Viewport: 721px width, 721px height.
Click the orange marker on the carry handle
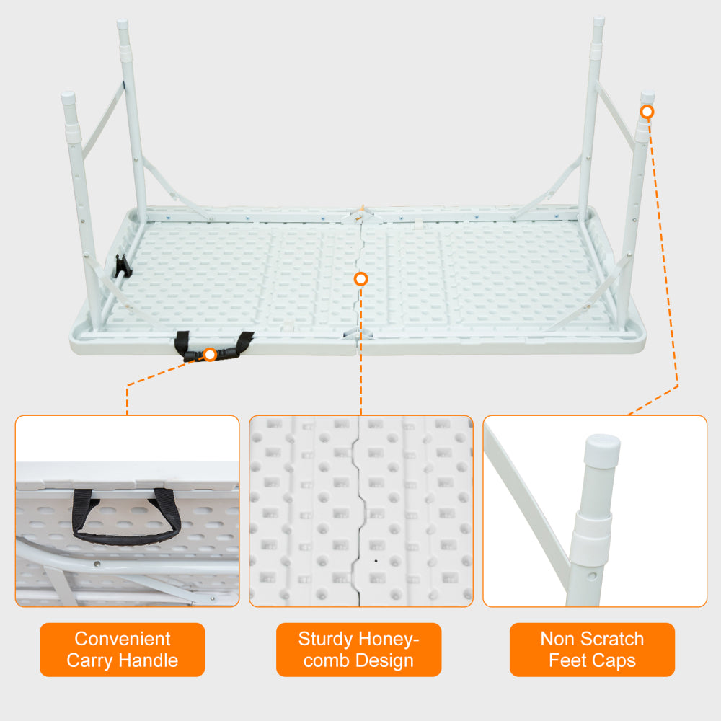point(210,354)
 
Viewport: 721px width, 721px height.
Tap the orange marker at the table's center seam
point(361,279)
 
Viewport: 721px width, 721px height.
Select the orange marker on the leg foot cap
point(647,112)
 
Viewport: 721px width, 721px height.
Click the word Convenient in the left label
point(123,639)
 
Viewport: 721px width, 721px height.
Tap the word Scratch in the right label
point(607,639)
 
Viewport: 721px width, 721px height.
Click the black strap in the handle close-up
point(126,536)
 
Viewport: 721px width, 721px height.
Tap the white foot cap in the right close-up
point(602,451)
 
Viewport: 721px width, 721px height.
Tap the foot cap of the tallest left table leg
point(123,26)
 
